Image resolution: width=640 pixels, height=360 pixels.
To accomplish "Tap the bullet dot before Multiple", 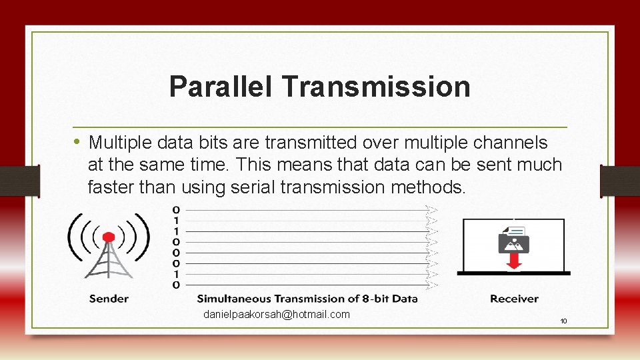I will pos(77,141).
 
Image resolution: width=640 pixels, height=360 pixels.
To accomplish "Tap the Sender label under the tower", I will pos(109,299).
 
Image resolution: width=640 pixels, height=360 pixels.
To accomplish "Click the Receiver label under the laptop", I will pos(514,299).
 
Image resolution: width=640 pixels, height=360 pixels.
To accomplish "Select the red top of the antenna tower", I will pos(109,237).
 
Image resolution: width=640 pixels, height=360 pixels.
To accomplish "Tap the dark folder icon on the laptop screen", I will pos(513,241).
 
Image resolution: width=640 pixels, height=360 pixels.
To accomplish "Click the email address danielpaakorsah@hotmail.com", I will pos(276,314).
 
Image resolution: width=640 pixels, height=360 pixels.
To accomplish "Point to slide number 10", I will pos(563,321).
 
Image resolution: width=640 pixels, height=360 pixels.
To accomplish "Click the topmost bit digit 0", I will pos(175,210).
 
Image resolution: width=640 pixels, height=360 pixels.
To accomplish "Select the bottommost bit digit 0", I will pos(175,285).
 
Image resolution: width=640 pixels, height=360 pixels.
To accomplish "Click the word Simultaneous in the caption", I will pos(234,299).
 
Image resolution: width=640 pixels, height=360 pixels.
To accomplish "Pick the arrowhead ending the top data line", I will pos(432,211).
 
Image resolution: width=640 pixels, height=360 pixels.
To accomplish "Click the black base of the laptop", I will pos(513,273).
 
